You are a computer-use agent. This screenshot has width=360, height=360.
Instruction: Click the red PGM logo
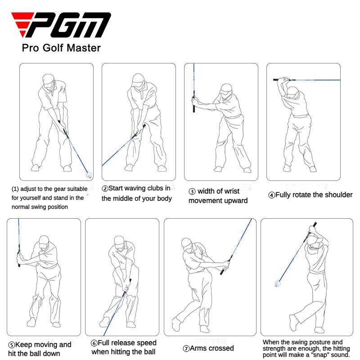click(x=61, y=26)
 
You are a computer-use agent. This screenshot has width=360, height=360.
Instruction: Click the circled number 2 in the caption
click(x=105, y=189)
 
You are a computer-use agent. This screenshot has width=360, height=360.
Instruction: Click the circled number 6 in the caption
click(x=94, y=343)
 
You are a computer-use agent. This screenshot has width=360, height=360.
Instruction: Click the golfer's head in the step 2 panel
click(x=138, y=81)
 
